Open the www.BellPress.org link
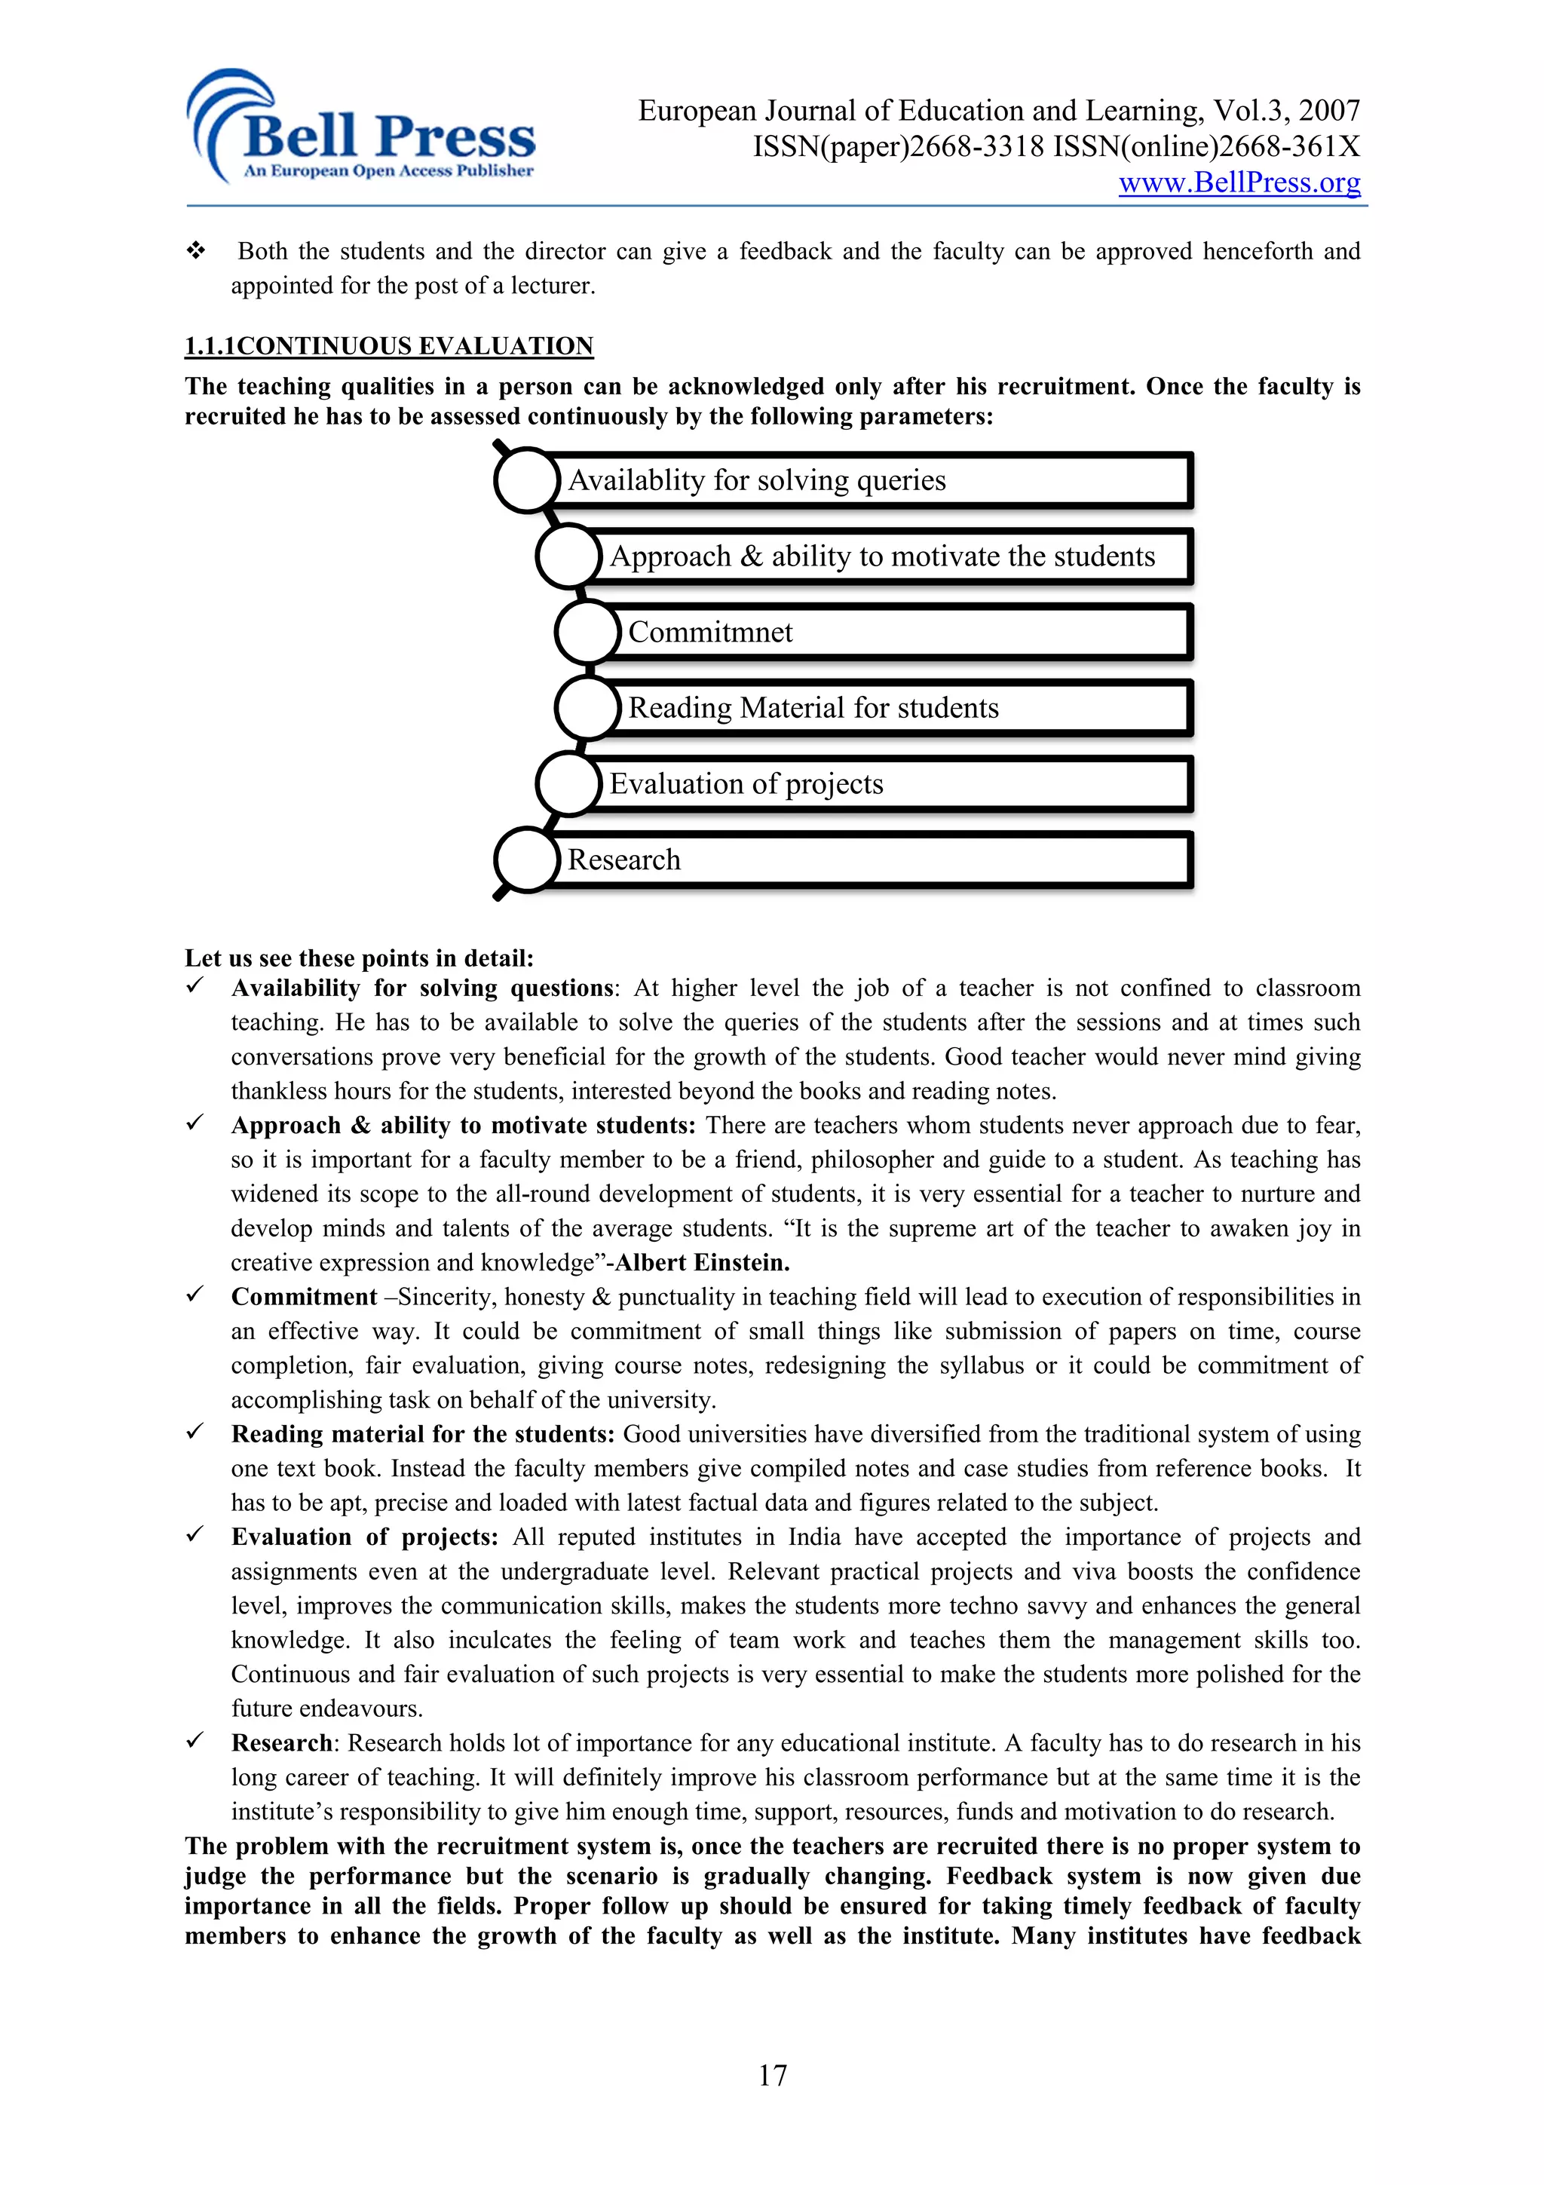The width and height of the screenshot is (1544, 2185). click(1239, 182)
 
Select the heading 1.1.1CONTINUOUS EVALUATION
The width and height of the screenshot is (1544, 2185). click(388, 345)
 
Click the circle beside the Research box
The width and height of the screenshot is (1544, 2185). click(526, 860)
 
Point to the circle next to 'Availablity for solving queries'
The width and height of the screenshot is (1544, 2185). click(526, 480)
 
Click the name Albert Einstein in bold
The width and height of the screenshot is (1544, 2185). click(702, 1263)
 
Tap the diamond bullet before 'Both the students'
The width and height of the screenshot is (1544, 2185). click(196, 251)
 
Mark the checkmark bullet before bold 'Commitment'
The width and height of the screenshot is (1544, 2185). click(195, 1295)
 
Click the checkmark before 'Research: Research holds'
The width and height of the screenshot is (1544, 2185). click(195, 1741)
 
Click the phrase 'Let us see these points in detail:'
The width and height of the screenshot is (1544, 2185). click(359, 958)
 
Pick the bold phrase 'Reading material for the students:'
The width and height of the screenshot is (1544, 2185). click(424, 1434)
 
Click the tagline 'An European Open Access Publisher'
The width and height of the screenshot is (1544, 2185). click(388, 171)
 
